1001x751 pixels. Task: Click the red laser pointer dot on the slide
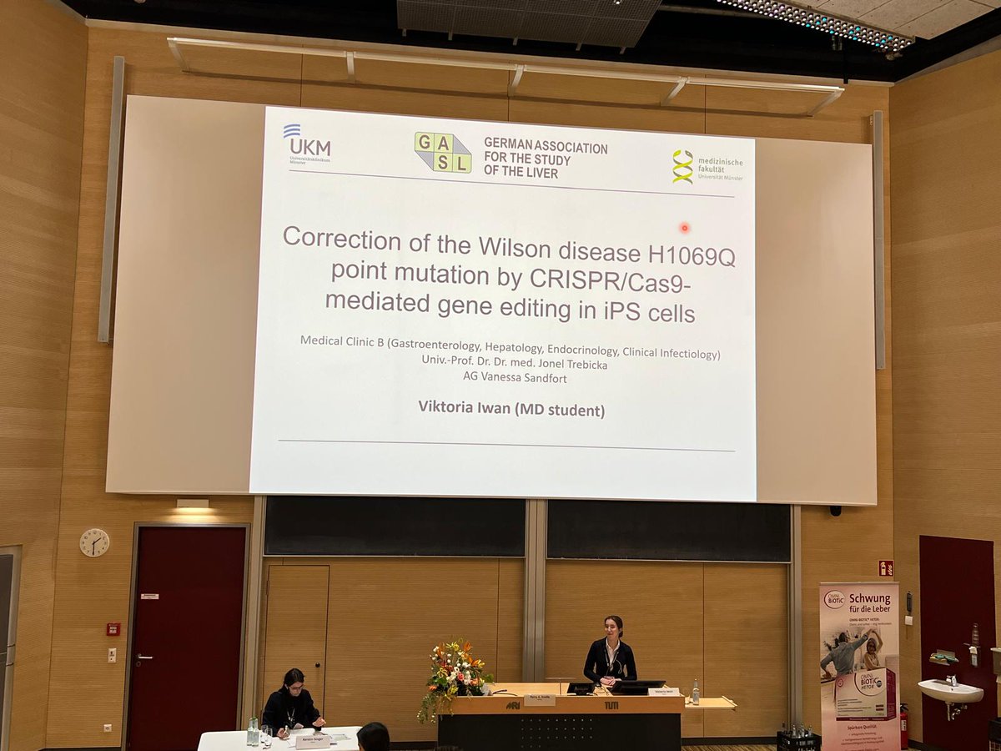(x=685, y=227)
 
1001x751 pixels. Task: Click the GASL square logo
(x=443, y=152)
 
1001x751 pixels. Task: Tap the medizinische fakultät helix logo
(x=683, y=166)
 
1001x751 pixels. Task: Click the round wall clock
(x=94, y=542)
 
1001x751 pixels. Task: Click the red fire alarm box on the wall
(x=113, y=628)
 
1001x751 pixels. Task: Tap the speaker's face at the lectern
(x=615, y=628)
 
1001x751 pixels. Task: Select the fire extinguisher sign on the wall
(x=885, y=567)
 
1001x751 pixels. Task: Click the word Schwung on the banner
(x=869, y=599)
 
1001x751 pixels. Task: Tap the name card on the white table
(x=313, y=740)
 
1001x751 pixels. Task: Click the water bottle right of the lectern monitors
(x=696, y=691)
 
